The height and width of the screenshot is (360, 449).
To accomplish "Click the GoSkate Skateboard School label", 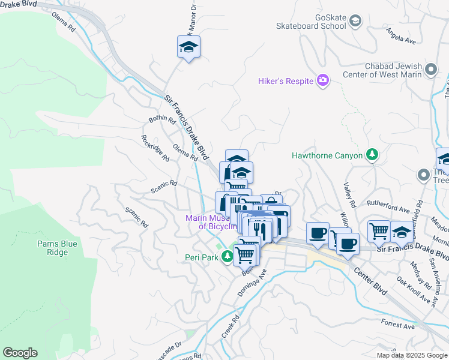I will [x=311, y=22].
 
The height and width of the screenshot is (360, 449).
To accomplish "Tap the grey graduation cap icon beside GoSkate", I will [x=355, y=22].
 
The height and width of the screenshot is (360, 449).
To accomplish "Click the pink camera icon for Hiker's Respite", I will [x=323, y=80].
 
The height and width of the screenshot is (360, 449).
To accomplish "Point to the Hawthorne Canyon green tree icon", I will [x=372, y=155].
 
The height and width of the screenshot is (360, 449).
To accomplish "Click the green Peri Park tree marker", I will [x=227, y=257].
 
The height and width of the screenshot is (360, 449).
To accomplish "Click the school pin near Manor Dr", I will [x=188, y=47].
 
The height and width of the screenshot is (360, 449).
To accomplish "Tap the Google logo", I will [x=20, y=353].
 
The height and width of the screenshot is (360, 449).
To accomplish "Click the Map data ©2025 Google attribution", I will [x=411, y=355].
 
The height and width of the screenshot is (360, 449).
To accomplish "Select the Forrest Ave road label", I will [x=397, y=326].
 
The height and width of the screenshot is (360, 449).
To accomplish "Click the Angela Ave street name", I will [x=401, y=37].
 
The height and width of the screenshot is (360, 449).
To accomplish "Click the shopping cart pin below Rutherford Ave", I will [x=379, y=230].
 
